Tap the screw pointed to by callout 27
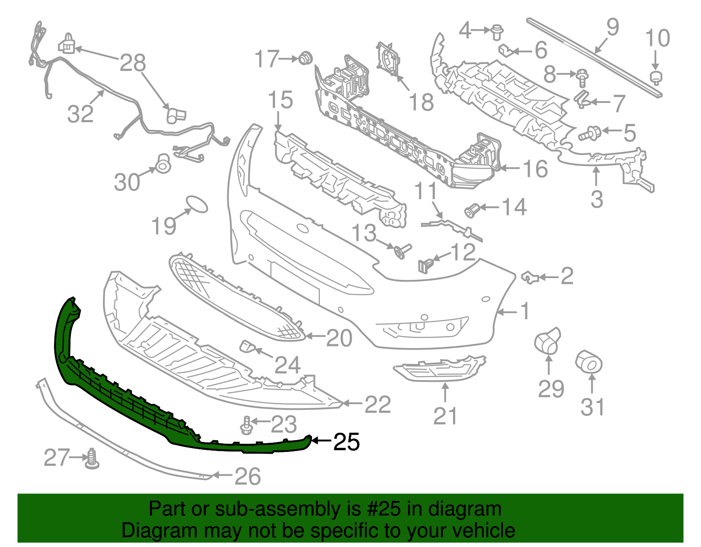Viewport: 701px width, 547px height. pos(92,459)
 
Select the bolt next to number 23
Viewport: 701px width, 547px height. pos(246,425)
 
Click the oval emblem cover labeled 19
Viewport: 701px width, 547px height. pos(197,204)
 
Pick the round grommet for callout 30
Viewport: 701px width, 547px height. pos(163,163)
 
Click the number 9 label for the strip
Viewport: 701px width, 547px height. pos(612,27)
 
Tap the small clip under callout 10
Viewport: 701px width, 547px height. pos(655,78)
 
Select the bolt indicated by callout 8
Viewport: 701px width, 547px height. pos(581,78)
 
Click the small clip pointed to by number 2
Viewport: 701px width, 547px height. pos(530,277)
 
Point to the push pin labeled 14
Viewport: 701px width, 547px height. pos(472,211)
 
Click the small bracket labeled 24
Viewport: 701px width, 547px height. pos(248,346)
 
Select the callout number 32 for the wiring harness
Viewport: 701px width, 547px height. pos(81,114)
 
